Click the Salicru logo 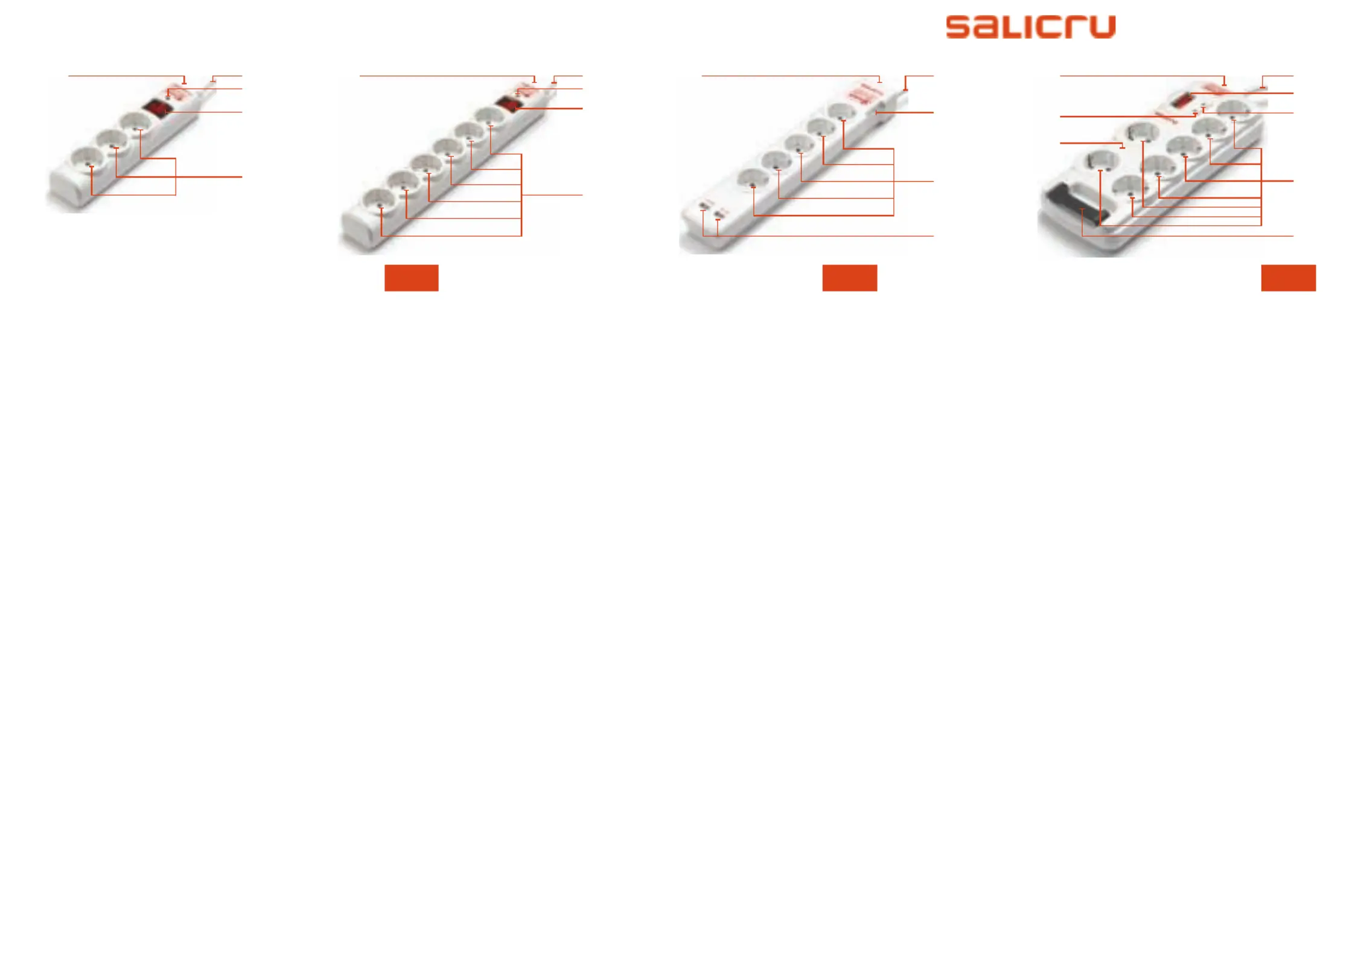1030,27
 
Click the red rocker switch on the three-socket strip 157,109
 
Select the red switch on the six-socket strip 509,104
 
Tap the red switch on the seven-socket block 1185,100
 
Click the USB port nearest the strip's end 703,206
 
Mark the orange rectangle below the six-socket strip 411,278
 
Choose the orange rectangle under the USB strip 849,278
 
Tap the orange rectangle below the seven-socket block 1288,278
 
